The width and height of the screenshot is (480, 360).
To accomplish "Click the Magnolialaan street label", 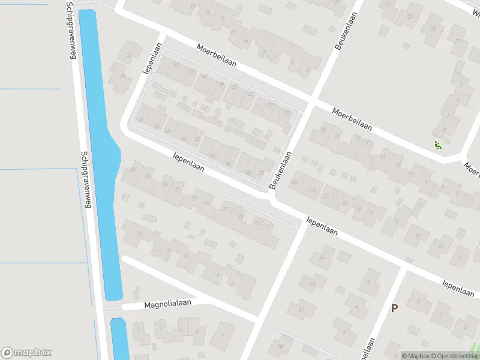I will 167,304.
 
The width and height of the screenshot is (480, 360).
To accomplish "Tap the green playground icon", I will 437,145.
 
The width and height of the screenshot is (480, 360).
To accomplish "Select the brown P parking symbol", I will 394,308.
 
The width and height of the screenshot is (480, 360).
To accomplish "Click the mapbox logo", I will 26,353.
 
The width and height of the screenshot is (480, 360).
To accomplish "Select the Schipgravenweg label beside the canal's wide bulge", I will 85,180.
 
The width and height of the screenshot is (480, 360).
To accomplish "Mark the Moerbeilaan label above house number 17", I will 352,119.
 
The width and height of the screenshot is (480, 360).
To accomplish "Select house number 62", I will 312,283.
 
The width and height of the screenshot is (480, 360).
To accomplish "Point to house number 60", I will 301,310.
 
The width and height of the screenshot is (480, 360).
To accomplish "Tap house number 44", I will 184,139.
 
